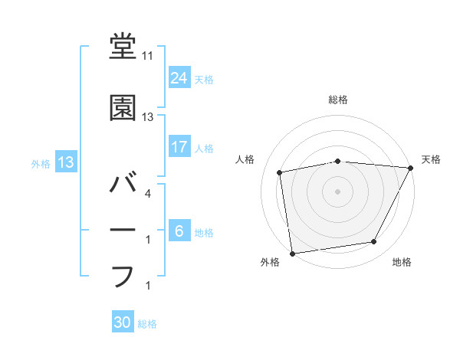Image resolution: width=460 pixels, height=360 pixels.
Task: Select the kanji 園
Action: pos(123,108)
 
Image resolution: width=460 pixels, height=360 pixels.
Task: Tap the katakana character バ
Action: pos(123,185)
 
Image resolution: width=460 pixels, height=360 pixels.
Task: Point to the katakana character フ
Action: pos(123,276)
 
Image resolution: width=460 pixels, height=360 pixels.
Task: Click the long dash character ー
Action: pos(123,231)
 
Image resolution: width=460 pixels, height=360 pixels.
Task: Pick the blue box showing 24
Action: pos(179,77)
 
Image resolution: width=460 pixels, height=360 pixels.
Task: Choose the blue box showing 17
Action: pos(179,146)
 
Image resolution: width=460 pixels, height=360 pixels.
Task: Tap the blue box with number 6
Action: pos(179,231)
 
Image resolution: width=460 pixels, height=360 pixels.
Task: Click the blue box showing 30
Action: pos(123,322)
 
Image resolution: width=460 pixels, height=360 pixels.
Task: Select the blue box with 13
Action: pos(65,162)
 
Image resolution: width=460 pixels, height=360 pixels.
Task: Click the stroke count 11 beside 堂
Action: pos(148,56)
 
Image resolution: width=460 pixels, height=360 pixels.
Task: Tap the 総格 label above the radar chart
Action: pos(338,100)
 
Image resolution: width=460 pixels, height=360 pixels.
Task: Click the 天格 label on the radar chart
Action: pos(431,159)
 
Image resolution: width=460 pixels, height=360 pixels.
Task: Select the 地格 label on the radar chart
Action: pos(402,263)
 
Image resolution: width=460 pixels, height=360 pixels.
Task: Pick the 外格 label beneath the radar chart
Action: pos(270,263)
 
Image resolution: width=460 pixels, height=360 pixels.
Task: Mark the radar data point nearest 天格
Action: pos(411,168)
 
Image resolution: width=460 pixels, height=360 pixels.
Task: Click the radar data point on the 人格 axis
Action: pos(281,172)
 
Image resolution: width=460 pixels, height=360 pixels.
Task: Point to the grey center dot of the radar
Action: pos(338,191)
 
